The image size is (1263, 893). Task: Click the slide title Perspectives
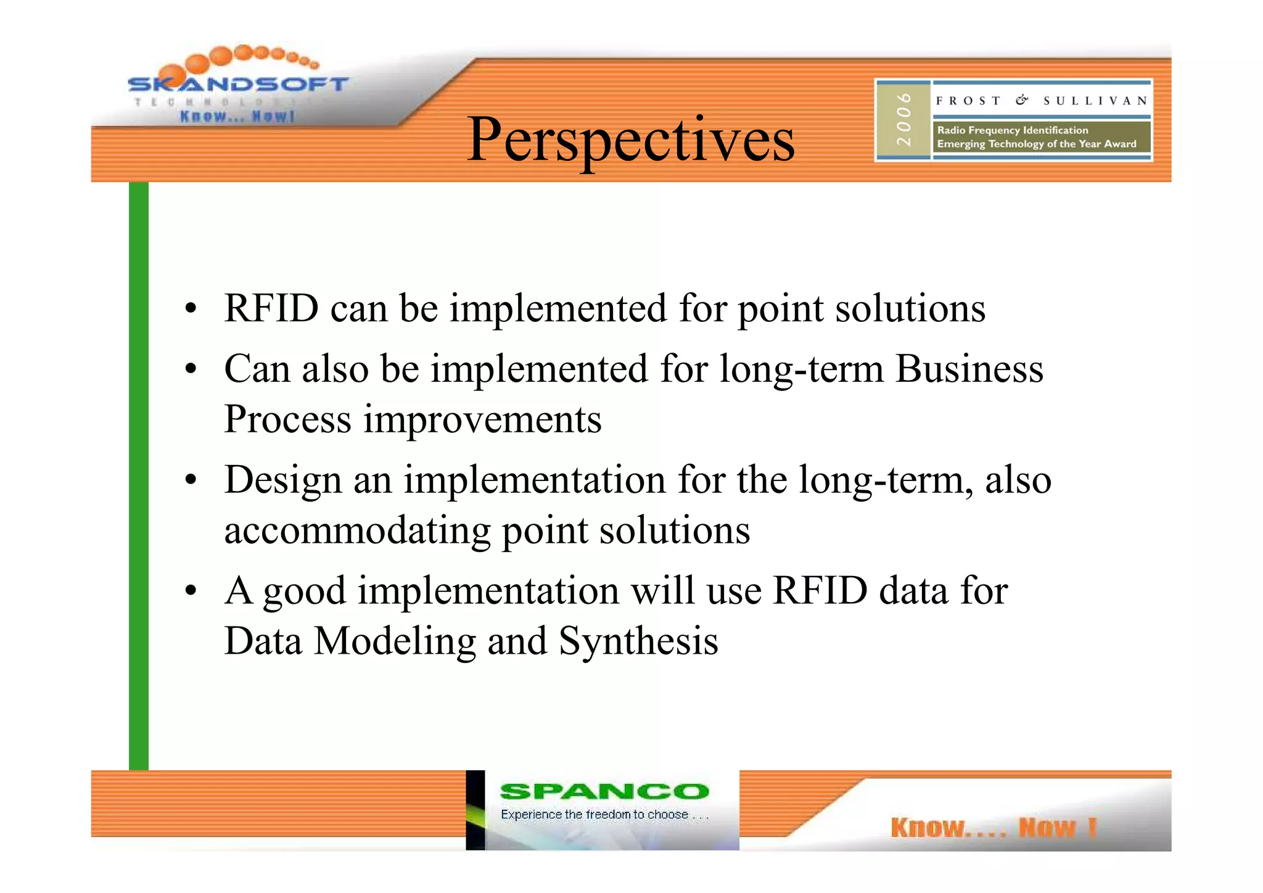click(630, 141)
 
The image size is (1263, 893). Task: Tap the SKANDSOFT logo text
click(238, 84)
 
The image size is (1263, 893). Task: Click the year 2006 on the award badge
click(903, 120)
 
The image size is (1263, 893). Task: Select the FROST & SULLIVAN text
click(1041, 101)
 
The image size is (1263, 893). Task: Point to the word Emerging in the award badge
click(960, 144)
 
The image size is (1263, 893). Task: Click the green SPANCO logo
click(604, 791)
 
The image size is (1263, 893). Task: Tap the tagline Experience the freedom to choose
click(604, 815)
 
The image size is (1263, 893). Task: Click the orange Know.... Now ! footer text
click(993, 827)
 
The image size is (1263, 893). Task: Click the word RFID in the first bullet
click(271, 308)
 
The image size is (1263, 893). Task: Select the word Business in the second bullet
click(969, 369)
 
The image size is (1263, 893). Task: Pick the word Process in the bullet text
click(287, 419)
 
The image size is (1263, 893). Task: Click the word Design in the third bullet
click(282, 480)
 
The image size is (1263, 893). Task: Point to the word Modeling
click(395, 641)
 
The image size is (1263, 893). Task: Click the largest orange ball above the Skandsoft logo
click(197, 64)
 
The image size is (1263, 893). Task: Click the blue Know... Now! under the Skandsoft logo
click(237, 116)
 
